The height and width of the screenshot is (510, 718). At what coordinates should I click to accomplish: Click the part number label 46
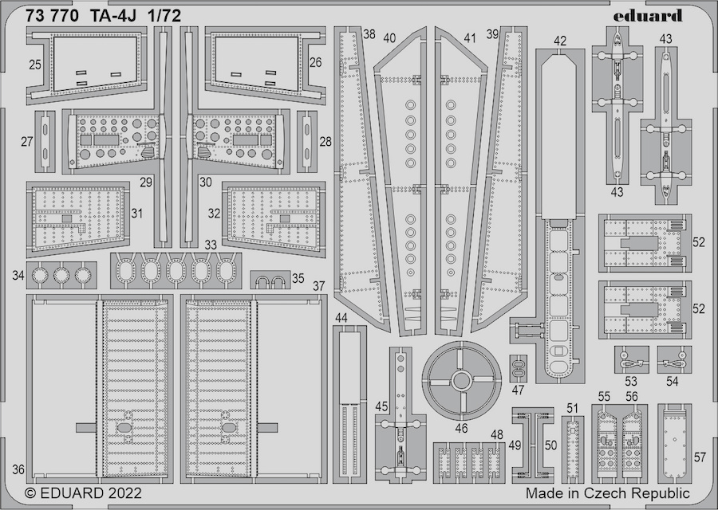pos(461,428)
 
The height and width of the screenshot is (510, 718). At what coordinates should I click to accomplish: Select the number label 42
pos(560,41)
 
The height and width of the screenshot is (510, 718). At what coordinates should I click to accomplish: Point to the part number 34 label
pos(18,277)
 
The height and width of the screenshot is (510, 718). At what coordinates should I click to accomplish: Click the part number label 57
pos(700,457)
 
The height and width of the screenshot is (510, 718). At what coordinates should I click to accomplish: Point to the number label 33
pos(211,245)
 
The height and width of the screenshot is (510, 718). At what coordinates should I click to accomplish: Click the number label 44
pos(341,318)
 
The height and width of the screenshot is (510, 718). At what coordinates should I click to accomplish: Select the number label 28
pos(325,142)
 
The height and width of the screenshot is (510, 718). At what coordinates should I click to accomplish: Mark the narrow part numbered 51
pos(570,446)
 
